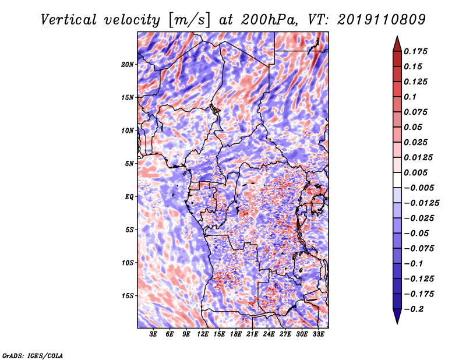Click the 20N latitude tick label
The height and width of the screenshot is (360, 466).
pos(127,65)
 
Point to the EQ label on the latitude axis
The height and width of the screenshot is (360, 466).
pos(129,197)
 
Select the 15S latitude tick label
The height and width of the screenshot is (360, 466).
pos(127,296)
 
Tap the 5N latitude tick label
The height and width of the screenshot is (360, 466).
pos(129,164)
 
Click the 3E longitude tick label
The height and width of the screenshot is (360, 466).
pos(153,334)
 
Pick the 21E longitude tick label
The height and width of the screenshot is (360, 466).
pos(252,334)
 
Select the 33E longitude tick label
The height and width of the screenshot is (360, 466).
pos(318,334)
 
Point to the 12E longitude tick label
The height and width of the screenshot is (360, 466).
pos(202,334)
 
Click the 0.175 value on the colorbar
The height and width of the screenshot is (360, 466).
pos(415,51)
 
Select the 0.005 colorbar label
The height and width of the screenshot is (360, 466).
pos(415,172)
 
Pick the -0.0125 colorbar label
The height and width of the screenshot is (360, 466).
pos(421,203)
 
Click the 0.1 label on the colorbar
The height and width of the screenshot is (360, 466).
pos(410,97)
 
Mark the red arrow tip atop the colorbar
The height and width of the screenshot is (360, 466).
pos(397,36)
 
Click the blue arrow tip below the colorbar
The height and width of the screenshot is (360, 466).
pos(397,323)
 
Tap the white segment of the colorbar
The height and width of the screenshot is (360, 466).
pos(397,180)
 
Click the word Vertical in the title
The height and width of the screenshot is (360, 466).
pos(69,20)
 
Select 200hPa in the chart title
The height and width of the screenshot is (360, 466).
pos(269,20)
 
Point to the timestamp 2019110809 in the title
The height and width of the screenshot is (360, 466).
pos(382,20)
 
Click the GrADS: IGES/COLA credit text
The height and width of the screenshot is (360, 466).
pos(33,355)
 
